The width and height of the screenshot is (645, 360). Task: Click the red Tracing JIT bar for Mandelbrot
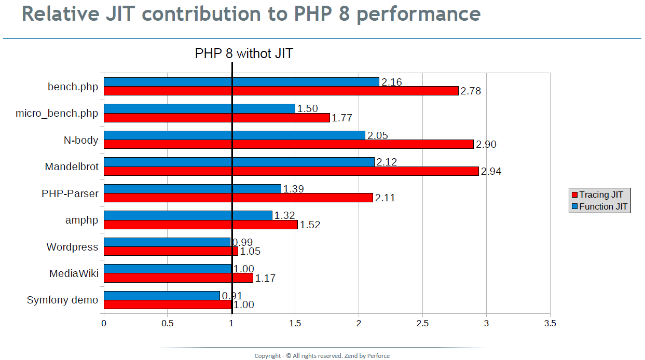pyautogui.click(x=291, y=171)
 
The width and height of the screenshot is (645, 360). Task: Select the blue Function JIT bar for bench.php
pyautogui.click(x=241, y=82)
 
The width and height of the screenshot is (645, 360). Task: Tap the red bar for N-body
pyautogui.click(x=289, y=144)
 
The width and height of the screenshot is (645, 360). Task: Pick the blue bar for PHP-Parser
pyautogui.click(x=193, y=189)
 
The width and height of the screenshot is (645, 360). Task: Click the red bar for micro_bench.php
pyautogui.click(x=217, y=118)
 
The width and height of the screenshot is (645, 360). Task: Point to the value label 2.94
pyautogui.click(x=491, y=171)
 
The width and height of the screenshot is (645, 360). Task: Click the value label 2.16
pyautogui.click(x=391, y=82)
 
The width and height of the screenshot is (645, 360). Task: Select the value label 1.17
pyautogui.click(x=265, y=279)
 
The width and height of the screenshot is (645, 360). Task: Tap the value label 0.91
pyautogui.click(x=232, y=296)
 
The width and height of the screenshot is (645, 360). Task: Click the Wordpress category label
pyautogui.click(x=72, y=247)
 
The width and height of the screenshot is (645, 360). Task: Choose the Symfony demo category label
pyautogui.click(x=62, y=300)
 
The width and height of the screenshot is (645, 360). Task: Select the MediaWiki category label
pyautogui.click(x=74, y=273)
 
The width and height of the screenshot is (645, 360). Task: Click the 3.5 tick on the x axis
pyautogui.click(x=550, y=323)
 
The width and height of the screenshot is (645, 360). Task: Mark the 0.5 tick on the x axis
pyautogui.click(x=167, y=323)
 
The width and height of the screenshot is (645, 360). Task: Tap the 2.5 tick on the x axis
pyautogui.click(x=422, y=323)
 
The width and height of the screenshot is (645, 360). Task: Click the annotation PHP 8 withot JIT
pyautogui.click(x=244, y=53)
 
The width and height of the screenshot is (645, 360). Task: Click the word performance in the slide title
pyautogui.click(x=418, y=14)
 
